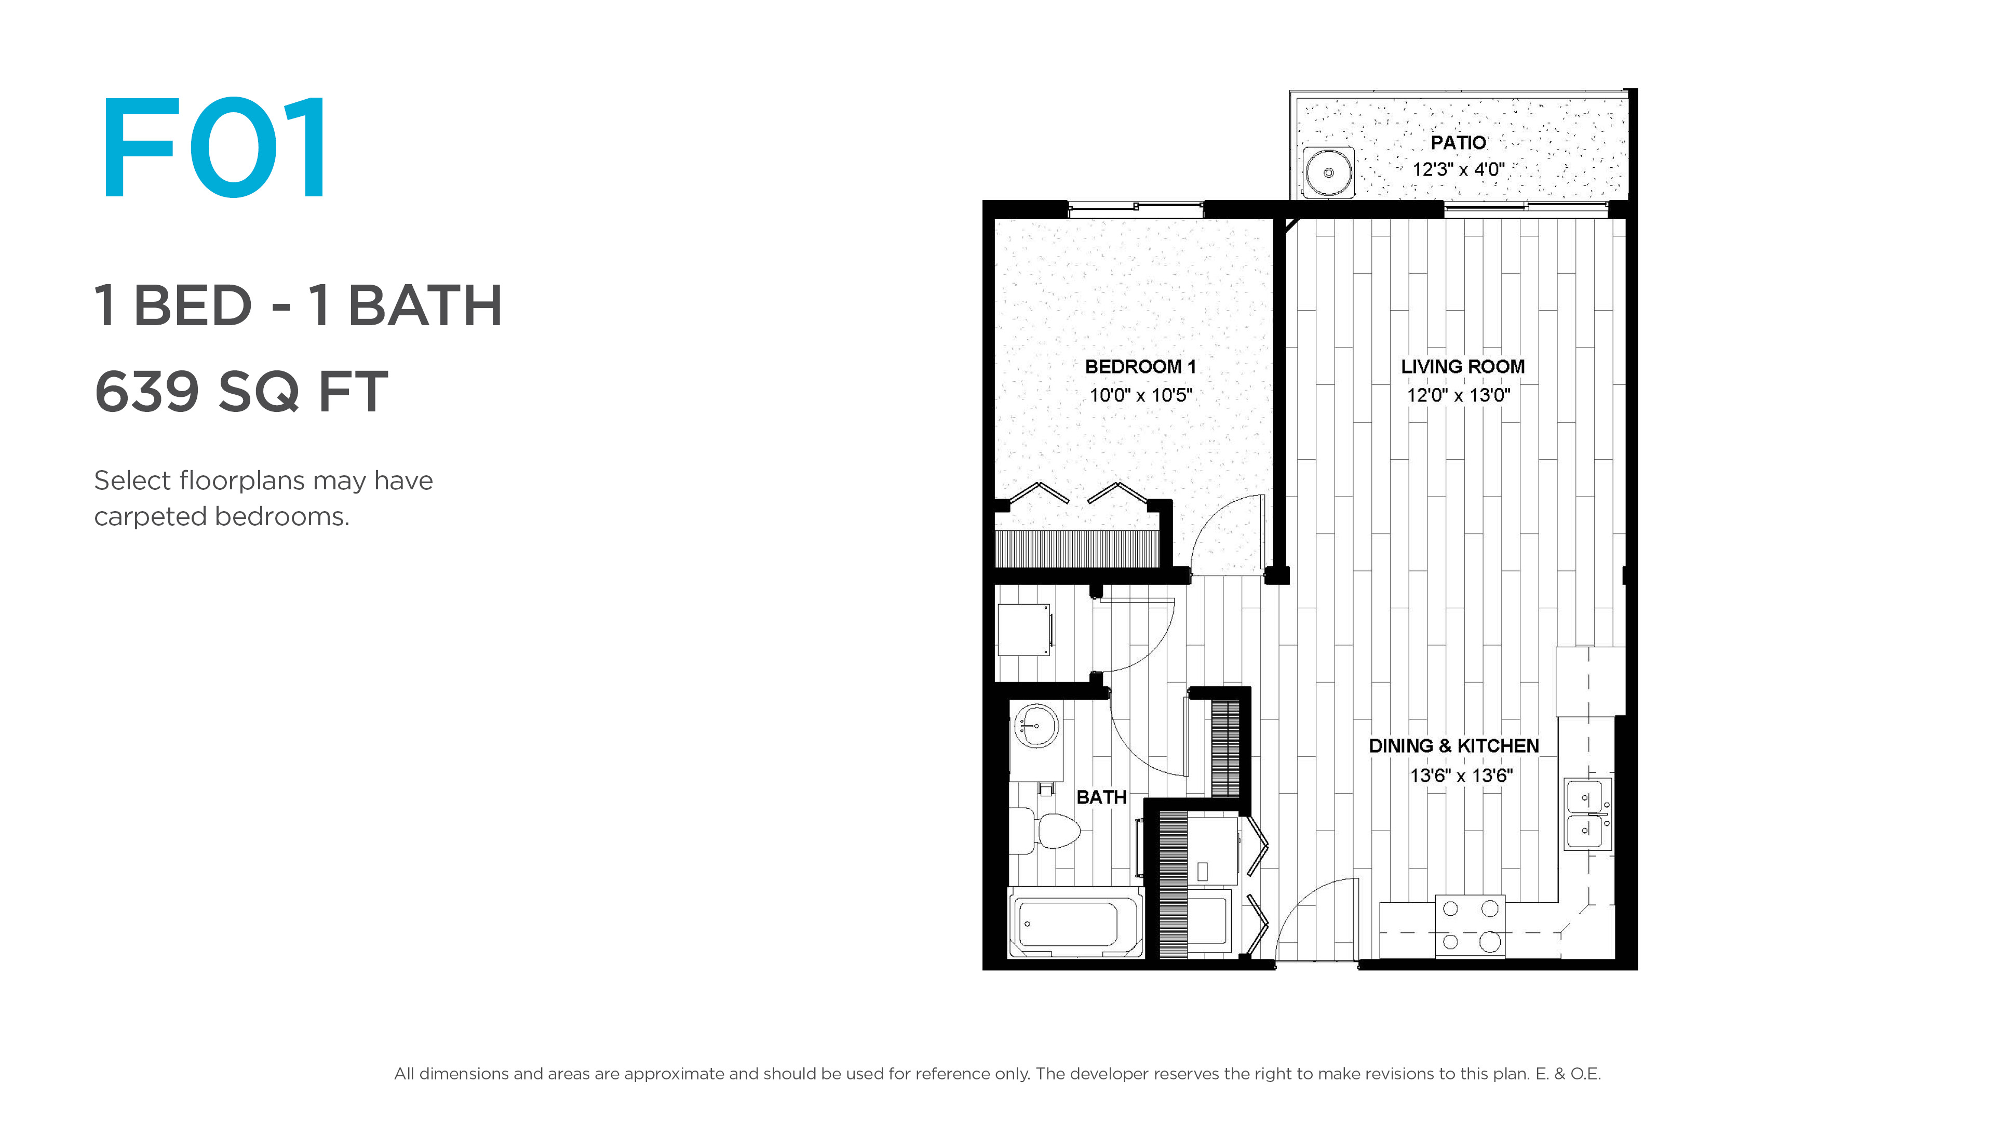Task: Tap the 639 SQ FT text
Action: pos(241,391)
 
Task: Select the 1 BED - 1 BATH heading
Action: pos(298,305)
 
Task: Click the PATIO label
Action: pos(1458,142)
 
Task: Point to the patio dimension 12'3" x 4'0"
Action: pos(1458,169)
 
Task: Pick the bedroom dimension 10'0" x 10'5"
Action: pos(1141,395)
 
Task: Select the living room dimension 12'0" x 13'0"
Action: pos(1458,395)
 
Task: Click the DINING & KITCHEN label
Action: pos(1454,746)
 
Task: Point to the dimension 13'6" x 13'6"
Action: pos(1461,775)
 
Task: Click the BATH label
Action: pos(1101,797)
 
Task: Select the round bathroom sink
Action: pos(1036,726)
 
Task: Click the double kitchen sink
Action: pos(1587,814)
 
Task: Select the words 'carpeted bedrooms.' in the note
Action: pos(222,516)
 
